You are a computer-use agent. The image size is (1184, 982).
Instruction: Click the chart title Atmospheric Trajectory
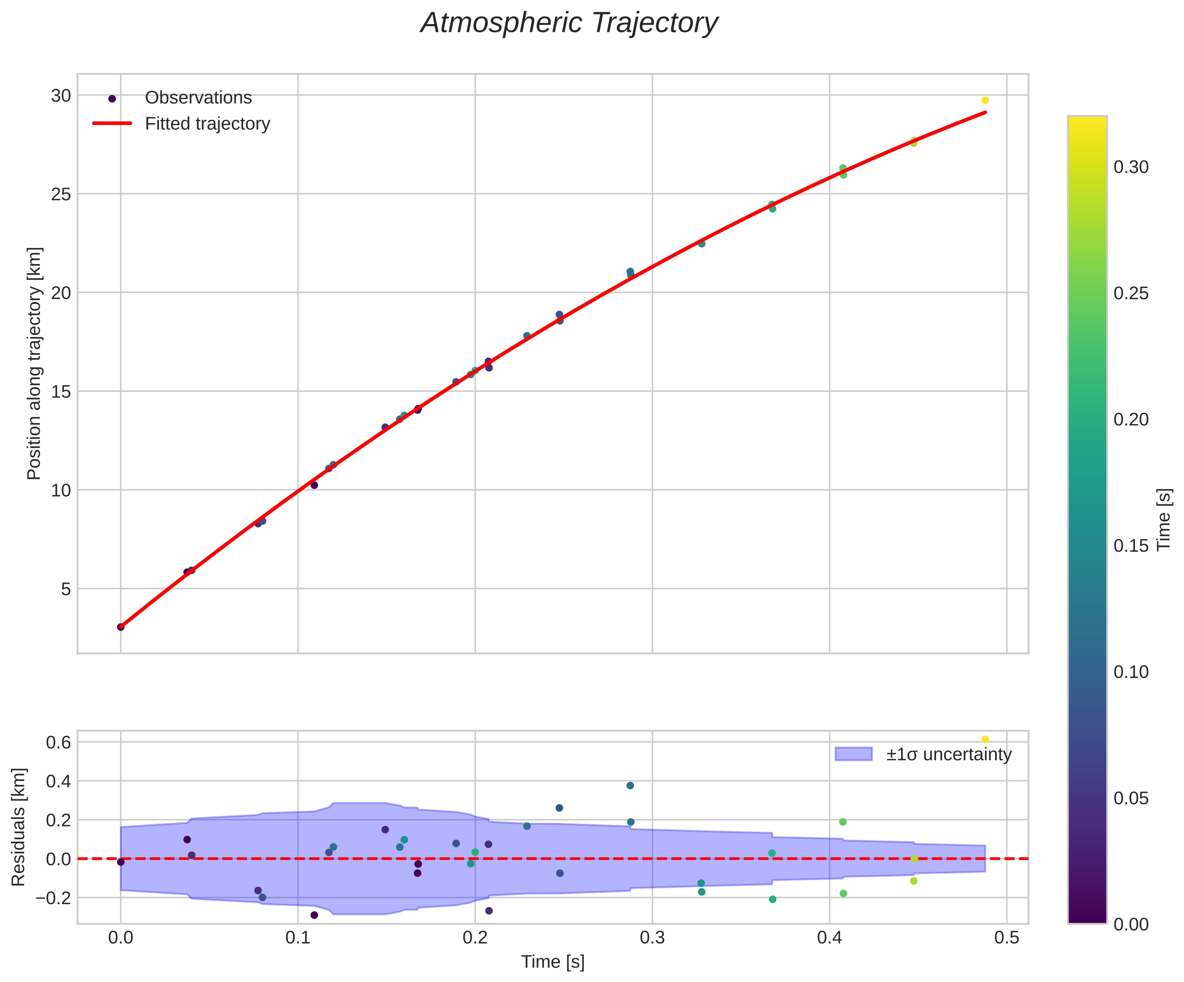(x=569, y=24)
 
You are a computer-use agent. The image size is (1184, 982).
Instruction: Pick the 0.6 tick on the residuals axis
(x=58, y=742)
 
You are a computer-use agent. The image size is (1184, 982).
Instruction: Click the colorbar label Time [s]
(x=1165, y=519)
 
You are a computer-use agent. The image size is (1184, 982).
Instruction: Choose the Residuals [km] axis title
(x=19, y=826)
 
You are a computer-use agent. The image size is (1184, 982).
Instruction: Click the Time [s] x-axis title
(x=553, y=962)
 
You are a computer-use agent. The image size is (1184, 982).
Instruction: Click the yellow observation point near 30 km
(x=985, y=100)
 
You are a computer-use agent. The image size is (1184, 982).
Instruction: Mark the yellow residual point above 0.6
(x=985, y=740)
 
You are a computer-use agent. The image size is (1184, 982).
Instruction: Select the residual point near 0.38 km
(x=630, y=786)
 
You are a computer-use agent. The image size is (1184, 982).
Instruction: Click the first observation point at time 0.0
(x=121, y=627)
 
